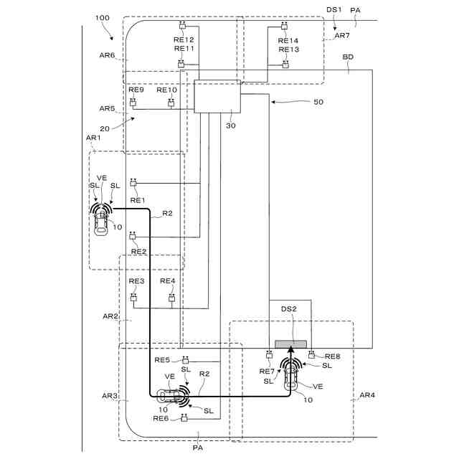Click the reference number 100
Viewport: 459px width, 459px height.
point(102,18)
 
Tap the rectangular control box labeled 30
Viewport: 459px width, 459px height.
point(217,96)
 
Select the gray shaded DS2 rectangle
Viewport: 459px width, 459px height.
point(290,344)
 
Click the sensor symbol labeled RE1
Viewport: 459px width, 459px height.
point(133,183)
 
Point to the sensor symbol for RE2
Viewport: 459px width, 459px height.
point(133,235)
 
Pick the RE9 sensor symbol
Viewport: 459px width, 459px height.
point(133,103)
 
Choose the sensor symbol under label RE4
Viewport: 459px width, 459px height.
point(172,298)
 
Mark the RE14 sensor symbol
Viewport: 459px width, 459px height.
point(284,26)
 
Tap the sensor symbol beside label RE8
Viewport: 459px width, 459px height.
point(312,355)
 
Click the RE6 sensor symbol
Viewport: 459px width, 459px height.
point(184,418)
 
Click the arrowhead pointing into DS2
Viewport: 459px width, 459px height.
point(290,349)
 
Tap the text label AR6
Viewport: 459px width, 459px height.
point(107,55)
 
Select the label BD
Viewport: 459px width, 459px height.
point(348,57)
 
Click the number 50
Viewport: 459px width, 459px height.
point(318,102)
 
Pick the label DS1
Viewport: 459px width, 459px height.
point(334,9)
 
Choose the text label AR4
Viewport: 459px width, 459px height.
point(367,395)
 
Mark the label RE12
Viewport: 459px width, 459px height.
point(184,39)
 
